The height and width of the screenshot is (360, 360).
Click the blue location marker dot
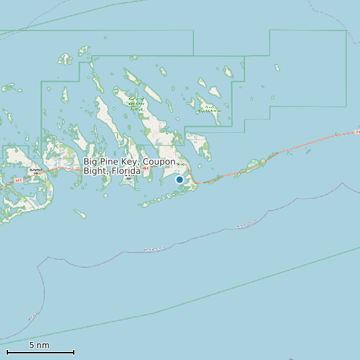(x=179, y=179)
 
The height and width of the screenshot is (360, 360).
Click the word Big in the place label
(x=91, y=162)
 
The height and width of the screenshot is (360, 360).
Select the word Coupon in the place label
(x=160, y=162)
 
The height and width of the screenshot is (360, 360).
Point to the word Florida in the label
(x=126, y=171)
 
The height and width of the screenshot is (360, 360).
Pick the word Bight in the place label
(x=96, y=171)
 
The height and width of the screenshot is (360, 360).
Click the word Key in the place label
(x=130, y=162)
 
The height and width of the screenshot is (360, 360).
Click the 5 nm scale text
(x=39, y=345)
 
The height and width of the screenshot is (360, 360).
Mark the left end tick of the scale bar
(x=7, y=352)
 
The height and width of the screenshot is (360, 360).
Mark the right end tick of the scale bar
(x=74, y=352)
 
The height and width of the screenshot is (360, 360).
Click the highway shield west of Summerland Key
(x=18, y=180)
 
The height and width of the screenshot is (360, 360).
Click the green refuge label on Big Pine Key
(x=136, y=104)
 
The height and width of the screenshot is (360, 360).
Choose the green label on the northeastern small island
(x=209, y=110)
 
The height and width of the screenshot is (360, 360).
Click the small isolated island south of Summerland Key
(x=80, y=213)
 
